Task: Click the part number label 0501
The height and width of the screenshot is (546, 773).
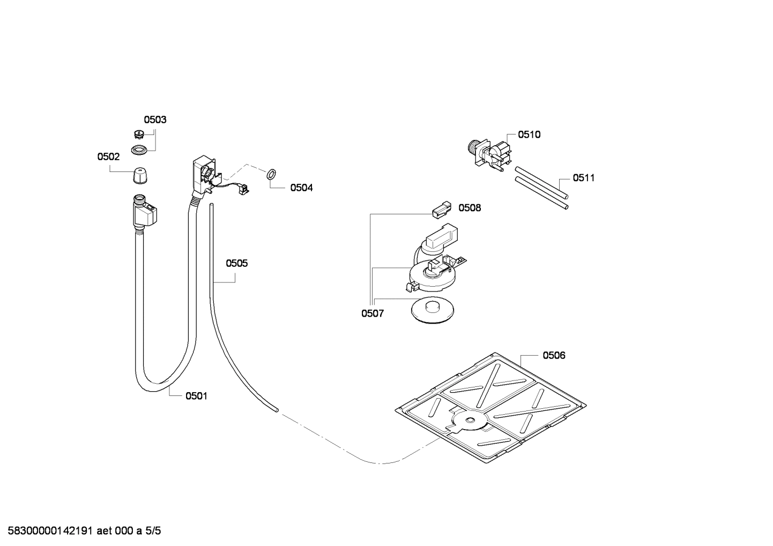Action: (196, 396)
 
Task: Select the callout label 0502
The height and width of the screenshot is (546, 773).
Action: (108, 156)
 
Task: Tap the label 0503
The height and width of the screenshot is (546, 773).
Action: (155, 119)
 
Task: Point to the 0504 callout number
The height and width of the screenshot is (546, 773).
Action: (301, 188)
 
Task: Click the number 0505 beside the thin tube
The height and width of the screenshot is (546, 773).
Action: (236, 263)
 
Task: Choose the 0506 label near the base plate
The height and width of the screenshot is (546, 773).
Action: (554, 355)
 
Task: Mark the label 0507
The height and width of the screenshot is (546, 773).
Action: (372, 313)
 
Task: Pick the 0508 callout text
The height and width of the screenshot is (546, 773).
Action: (470, 208)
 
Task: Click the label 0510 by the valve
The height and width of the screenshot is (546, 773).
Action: (529, 134)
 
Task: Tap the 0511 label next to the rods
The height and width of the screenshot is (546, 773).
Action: (583, 178)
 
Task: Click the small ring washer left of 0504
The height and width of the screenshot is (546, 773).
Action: (271, 174)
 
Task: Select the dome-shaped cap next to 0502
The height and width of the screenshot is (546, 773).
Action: (139, 175)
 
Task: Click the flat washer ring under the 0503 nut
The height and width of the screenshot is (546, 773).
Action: (139, 150)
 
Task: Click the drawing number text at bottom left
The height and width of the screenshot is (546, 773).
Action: (81, 531)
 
